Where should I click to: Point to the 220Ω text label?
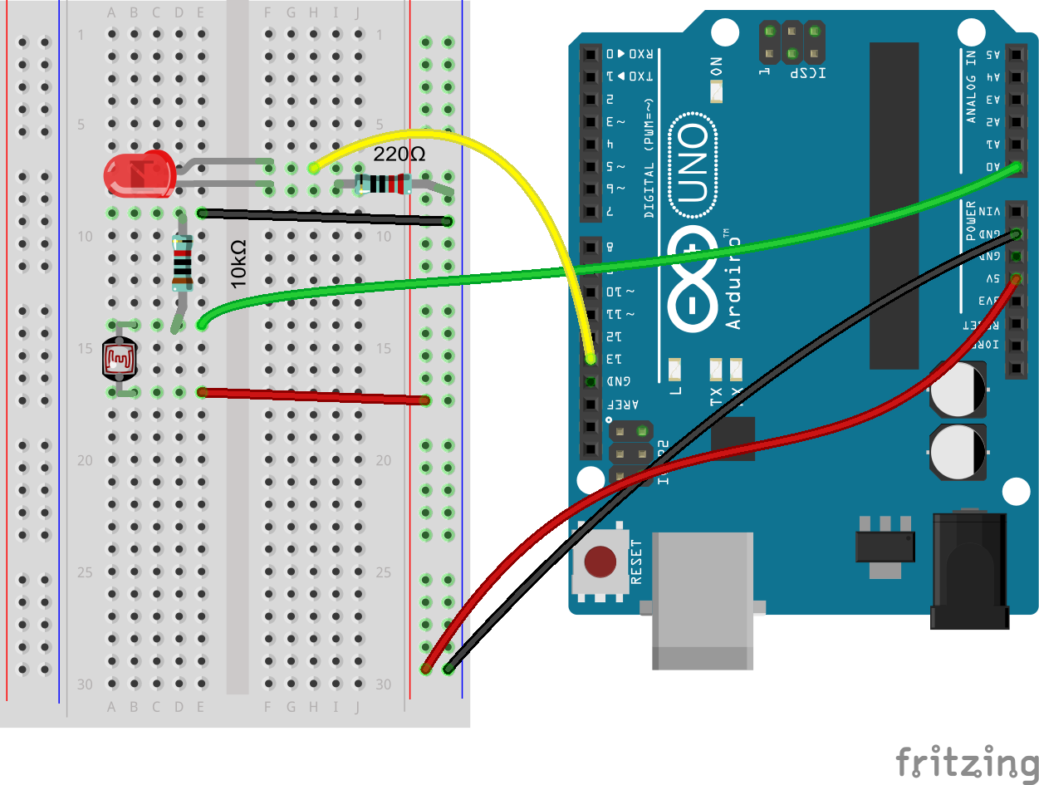(x=399, y=155)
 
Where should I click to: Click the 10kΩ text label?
(x=239, y=264)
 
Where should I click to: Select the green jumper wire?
(x=581, y=266)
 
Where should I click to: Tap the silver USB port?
(x=702, y=598)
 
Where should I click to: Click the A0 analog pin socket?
(x=1015, y=167)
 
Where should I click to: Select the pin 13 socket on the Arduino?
(x=591, y=360)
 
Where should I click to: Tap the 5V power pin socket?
(x=1015, y=278)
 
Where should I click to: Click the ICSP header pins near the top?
(x=792, y=44)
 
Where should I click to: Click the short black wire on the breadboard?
(x=324, y=218)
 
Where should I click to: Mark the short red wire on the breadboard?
(x=312, y=396)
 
